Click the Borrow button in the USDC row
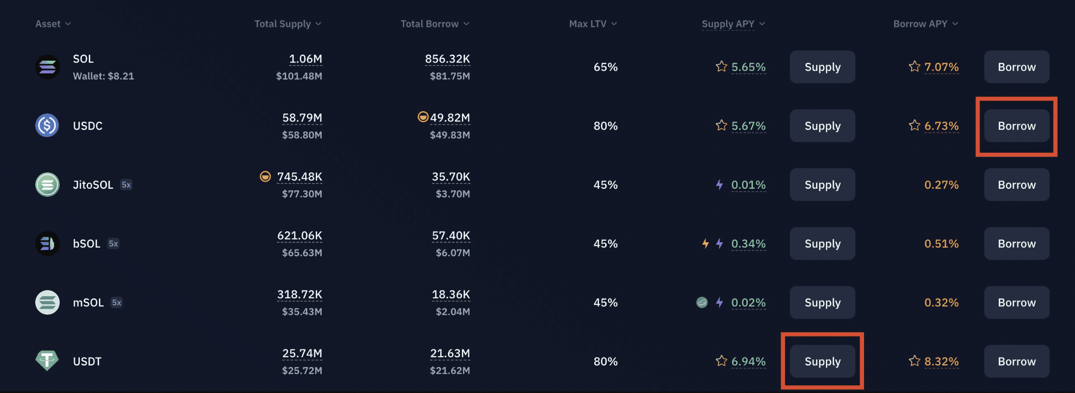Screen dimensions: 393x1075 coord(1016,126)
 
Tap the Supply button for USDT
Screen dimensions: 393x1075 coord(822,361)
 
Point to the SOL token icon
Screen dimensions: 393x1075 coord(47,67)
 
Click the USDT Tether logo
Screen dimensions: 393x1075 coord(47,360)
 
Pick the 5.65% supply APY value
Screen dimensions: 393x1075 coord(748,67)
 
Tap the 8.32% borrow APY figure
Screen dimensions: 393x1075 coord(941,361)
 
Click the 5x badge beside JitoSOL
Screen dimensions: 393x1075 coord(126,185)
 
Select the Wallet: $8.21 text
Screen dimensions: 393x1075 coord(103,76)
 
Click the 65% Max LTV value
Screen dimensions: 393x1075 coord(605,67)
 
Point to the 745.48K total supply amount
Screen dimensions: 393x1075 coord(299,177)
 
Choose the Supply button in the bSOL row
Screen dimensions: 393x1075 coord(822,244)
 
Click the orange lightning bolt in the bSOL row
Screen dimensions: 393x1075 coord(705,244)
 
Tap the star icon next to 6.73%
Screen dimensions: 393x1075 coord(914,125)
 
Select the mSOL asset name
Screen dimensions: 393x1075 coord(88,302)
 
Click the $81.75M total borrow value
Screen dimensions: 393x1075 coord(449,76)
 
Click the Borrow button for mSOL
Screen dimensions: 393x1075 coord(1016,302)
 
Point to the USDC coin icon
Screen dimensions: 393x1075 coord(47,126)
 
